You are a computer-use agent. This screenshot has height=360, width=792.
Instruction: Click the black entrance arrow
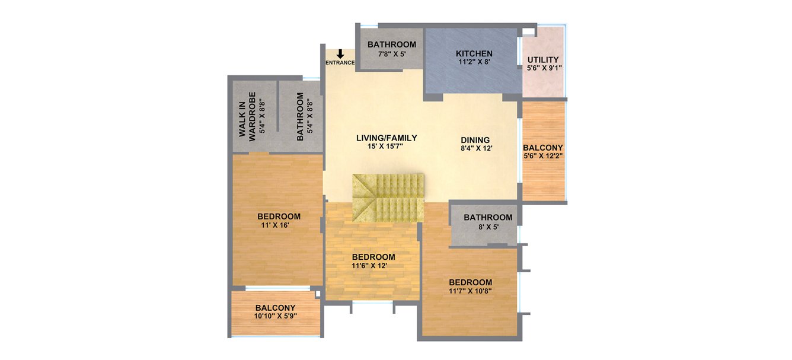pyautogui.click(x=340, y=54)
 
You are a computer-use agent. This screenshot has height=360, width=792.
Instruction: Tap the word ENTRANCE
pyautogui.click(x=340, y=63)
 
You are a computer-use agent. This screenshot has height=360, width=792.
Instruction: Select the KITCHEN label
pyautogui.click(x=474, y=54)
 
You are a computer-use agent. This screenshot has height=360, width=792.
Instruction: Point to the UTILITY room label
pyautogui.click(x=543, y=59)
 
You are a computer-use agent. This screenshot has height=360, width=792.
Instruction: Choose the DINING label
pyautogui.click(x=475, y=140)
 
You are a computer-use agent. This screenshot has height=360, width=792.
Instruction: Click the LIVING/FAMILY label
pyautogui.click(x=387, y=138)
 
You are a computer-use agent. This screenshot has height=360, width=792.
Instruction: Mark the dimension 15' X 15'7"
pyautogui.click(x=387, y=146)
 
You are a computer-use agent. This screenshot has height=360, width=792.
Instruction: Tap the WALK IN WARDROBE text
pyautogui.click(x=248, y=114)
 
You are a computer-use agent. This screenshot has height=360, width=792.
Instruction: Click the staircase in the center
pyautogui.click(x=388, y=197)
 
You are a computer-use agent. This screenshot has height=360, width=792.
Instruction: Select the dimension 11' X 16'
pyautogui.click(x=279, y=225)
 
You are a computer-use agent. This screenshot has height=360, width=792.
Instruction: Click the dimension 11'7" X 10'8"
pyautogui.click(x=470, y=291)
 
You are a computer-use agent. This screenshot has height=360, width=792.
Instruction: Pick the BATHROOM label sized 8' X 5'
pyautogui.click(x=488, y=217)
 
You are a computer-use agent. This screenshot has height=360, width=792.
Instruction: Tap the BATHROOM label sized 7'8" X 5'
pyautogui.click(x=392, y=44)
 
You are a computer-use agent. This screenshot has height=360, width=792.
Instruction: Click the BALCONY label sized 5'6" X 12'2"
pyautogui.click(x=543, y=147)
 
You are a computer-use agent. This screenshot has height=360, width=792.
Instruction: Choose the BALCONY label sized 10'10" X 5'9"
pyautogui.click(x=275, y=308)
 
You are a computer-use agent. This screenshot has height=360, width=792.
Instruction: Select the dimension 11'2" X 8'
pyautogui.click(x=474, y=62)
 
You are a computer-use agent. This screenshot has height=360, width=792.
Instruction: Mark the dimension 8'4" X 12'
pyautogui.click(x=477, y=149)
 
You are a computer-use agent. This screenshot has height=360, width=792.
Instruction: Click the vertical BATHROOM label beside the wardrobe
pyautogui.click(x=300, y=116)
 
